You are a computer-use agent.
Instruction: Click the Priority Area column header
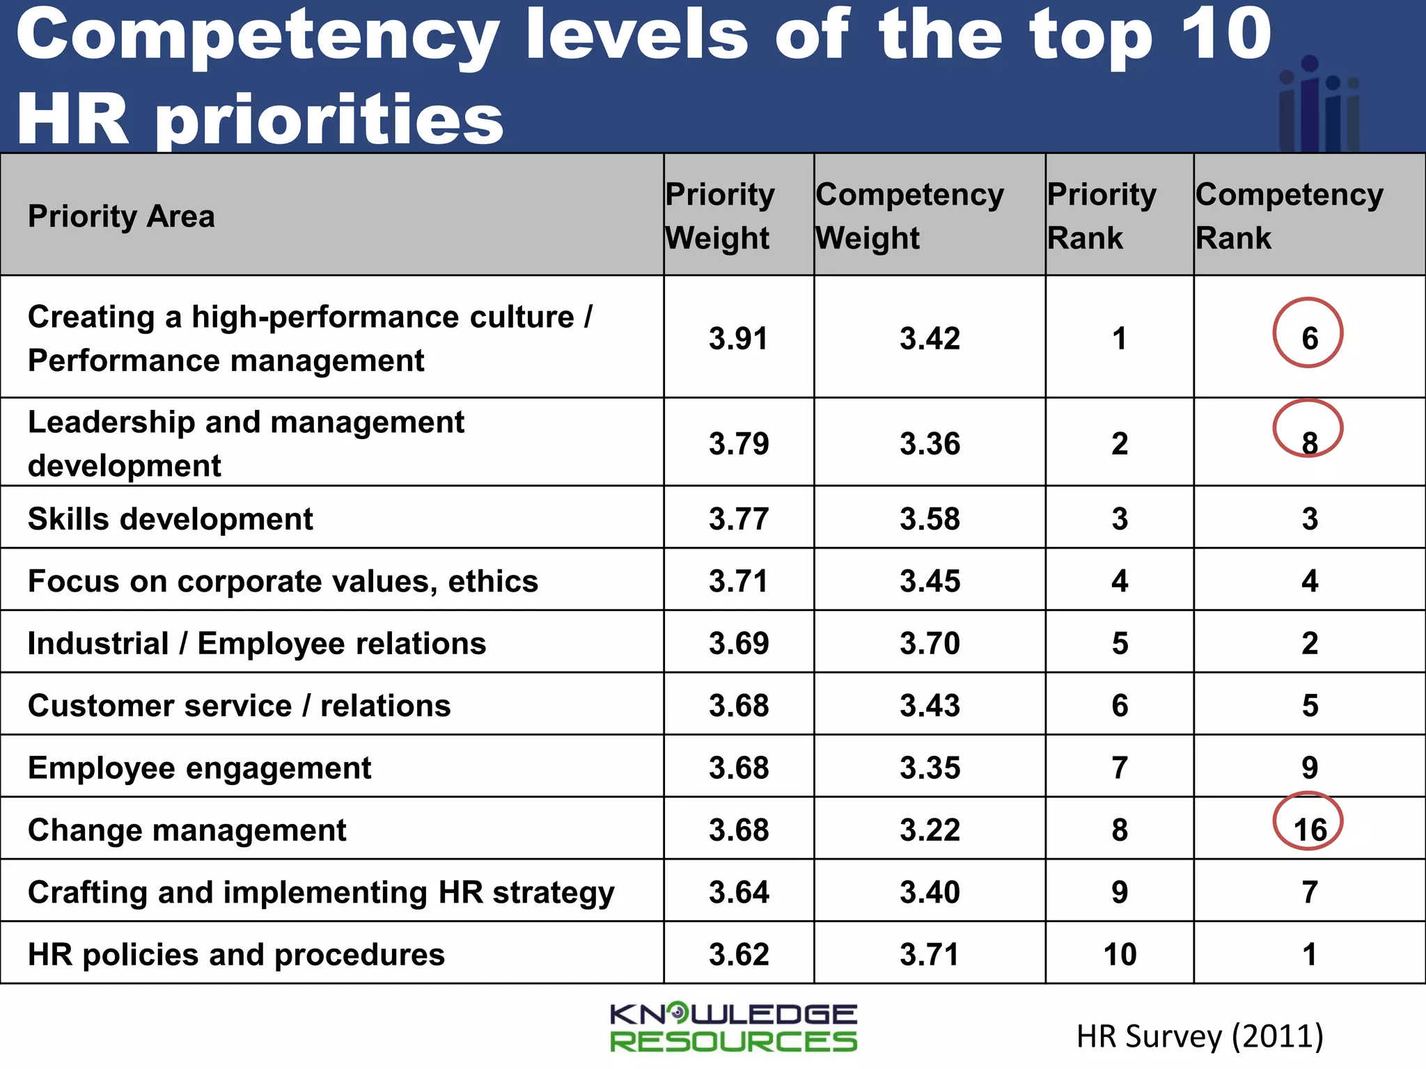(121, 216)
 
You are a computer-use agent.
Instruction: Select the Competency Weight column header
(909, 216)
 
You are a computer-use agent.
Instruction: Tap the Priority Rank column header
(1102, 216)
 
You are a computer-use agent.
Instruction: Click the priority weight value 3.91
(738, 338)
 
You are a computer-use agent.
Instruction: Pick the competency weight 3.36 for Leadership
(930, 443)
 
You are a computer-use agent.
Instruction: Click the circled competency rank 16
(1309, 828)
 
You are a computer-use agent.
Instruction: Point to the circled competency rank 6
(1309, 337)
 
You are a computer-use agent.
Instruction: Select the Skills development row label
(171, 518)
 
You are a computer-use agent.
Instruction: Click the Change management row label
(187, 830)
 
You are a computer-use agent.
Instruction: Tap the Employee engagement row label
(199, 768)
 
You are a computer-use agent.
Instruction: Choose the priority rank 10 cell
(1120, 954)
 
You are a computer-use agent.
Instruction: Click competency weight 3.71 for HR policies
(930, 954)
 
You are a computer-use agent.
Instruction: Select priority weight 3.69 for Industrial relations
(738, 643)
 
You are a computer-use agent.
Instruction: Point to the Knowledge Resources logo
(733, 1027)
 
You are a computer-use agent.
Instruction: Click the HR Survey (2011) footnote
(1199, 1036)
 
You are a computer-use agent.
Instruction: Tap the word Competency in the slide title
(258, 35)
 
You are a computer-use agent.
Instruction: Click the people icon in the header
(1319, 104)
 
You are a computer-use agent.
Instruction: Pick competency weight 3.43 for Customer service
(930, 706)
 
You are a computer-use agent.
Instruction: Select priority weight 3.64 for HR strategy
(738, 892)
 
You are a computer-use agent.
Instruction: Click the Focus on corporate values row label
(283, 581)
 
